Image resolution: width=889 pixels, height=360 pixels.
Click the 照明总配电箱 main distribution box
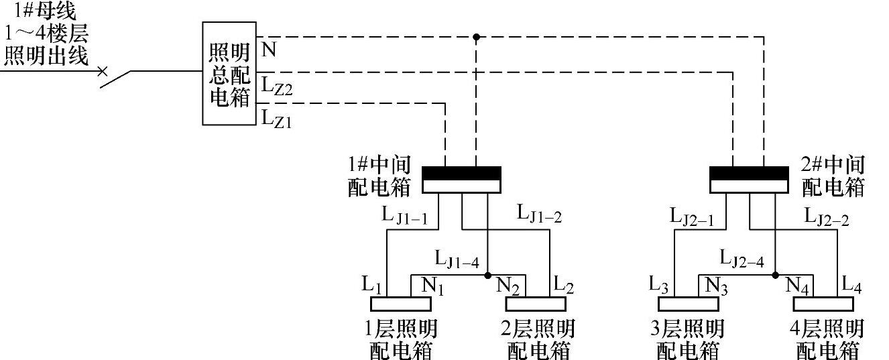pos(229,73)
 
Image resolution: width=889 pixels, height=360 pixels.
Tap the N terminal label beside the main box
pos(268,50)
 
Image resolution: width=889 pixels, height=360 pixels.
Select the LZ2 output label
pos(276,86)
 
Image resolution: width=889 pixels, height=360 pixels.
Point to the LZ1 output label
pos(276,120)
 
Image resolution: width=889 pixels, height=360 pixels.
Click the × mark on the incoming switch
pos(102,70)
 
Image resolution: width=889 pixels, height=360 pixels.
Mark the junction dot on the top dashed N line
pos(476,38)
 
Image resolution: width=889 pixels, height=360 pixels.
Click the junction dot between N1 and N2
pos(487,275)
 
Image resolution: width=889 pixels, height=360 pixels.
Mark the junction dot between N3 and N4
pos(776,275)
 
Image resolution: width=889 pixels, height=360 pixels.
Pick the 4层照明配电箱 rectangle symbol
pos(823,304)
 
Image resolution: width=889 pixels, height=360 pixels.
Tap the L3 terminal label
pos(658,284)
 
